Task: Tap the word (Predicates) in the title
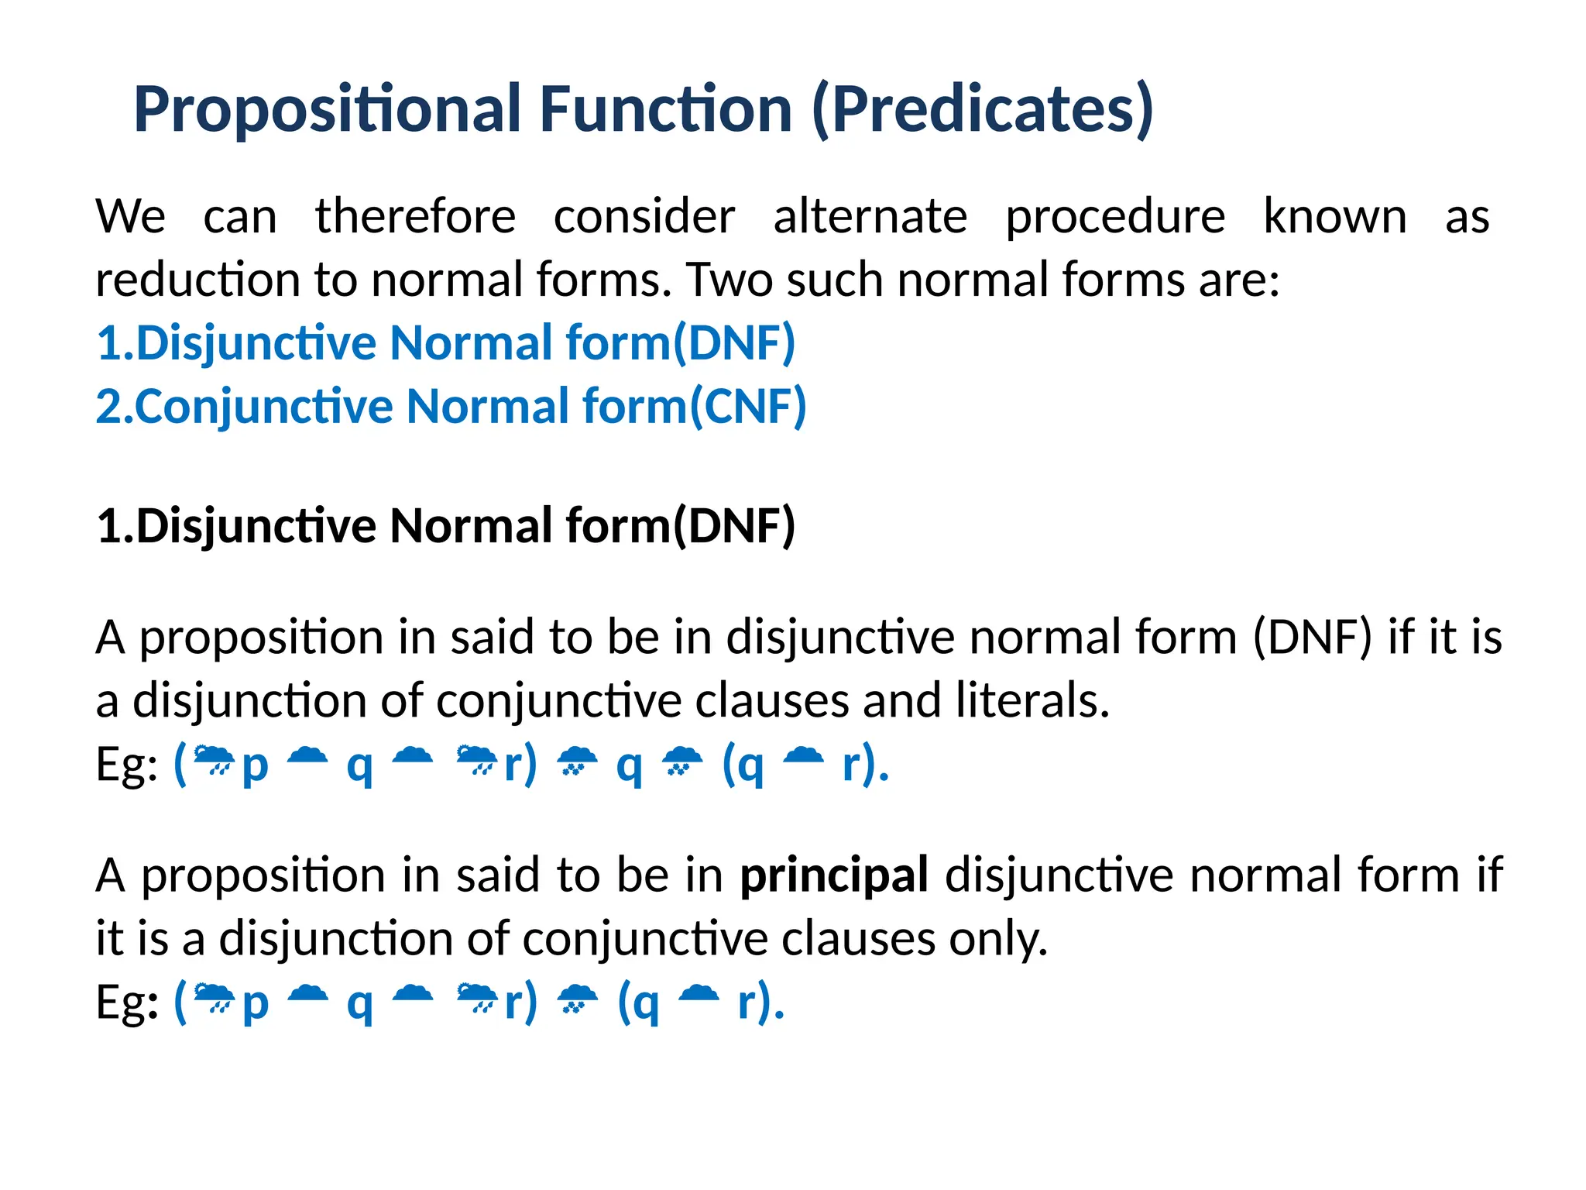tap(983, 109)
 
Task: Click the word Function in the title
tap(665, 109)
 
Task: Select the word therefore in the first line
tap(415, 216)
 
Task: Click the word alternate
tap(870, 216)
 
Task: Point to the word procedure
tap(1115, 216)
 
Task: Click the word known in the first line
tap(1335, 216)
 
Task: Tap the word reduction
tap(197, 280)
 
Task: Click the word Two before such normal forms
tap(729, 280)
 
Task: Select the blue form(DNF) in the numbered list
tap(680, 343)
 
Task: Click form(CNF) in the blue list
tap(694, 407)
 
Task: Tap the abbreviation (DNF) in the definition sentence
tap(1312, 638)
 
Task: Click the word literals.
tap(1032, 700)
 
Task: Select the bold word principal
tap(834, 876)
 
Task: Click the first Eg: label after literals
tap(126, 765)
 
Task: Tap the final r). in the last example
tap(760, 1003)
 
